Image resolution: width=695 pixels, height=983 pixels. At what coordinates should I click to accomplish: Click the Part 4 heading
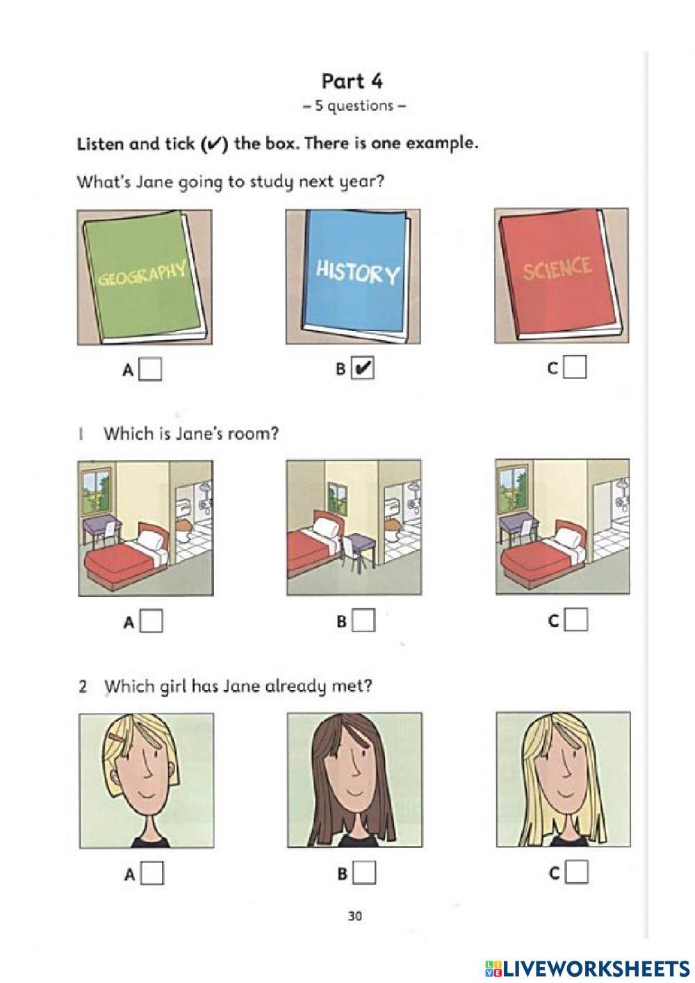tap(352, 81)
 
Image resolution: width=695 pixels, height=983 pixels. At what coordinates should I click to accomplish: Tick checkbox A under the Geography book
tap(150, 369)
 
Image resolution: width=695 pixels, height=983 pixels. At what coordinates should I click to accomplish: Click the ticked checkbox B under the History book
tap(363, 368)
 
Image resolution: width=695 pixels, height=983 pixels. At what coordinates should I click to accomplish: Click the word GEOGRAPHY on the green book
tap(142, 273)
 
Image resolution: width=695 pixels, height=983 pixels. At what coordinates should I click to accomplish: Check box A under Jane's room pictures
tap(152, 621)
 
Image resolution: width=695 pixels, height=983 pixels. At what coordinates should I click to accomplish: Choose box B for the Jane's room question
tap(364, 621)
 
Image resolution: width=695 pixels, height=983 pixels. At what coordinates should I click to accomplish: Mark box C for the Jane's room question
tap(576, 620)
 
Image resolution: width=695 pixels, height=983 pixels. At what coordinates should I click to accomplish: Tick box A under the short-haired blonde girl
tap(153, 873)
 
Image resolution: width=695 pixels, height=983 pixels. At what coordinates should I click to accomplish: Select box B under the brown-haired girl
tap(364, 872)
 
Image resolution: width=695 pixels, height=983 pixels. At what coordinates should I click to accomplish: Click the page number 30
tap(354, 916)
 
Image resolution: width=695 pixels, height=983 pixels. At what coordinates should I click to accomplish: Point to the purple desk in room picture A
tap(101, 529)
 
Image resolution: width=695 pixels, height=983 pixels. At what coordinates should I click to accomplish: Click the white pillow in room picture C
tap(566, 536)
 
